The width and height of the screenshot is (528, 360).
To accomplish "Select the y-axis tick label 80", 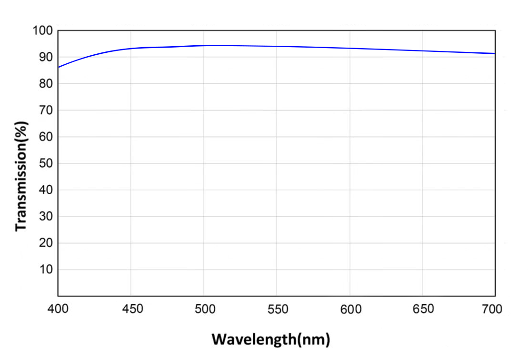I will click(x=45, y=84).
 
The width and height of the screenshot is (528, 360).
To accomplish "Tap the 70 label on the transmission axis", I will click(x=45, y=110).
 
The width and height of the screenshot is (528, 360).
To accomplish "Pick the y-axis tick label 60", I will click(x=45, y=137).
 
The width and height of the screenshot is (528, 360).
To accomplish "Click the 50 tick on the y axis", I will click(x=45, y=164).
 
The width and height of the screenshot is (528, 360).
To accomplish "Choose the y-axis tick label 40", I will click(x=45, y=190).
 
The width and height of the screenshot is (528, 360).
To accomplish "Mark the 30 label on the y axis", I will click(x=45, y=217).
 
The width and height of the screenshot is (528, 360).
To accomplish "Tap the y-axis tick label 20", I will click(x=45, y=243).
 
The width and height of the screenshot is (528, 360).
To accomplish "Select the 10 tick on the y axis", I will click(x=45, y=270).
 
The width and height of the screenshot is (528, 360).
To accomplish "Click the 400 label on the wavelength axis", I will click(x=58, y=310).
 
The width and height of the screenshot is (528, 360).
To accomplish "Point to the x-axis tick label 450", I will click(x=131, y=310).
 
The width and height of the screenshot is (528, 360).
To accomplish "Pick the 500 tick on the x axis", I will click(x=204, y=310).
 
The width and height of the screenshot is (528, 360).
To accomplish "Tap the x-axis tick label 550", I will click(x=277, y=310).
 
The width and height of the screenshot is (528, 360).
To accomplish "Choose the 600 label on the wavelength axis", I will click(x=349, y=310).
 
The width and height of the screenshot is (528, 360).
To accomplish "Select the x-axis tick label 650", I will click(x=422, y=310).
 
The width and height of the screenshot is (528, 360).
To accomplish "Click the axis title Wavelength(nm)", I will click(x=270, y=340).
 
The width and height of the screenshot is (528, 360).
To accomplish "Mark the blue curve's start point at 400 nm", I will click(x=59, y=67).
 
